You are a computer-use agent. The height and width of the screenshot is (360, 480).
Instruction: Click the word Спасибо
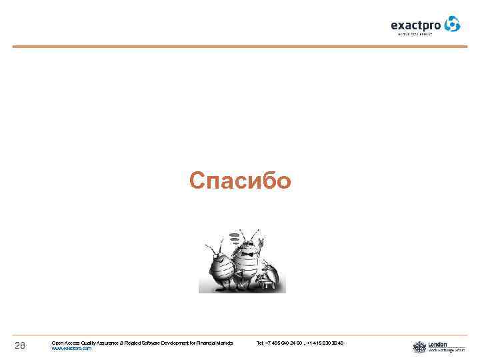coord(240,181)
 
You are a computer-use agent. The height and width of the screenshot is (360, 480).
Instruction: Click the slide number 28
coord(19,345)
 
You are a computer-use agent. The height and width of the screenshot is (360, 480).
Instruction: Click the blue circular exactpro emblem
coord(453,24)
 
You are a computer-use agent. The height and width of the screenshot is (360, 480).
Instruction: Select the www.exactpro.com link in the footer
coord(71,349)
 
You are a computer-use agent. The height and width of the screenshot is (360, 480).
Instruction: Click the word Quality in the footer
coord(92,343)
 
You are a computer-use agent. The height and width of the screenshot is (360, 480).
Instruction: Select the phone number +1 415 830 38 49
coord(326,343)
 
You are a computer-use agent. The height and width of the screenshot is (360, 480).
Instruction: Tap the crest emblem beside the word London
coord(419,347)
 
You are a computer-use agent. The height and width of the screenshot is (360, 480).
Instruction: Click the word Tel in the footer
coord(260,343)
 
